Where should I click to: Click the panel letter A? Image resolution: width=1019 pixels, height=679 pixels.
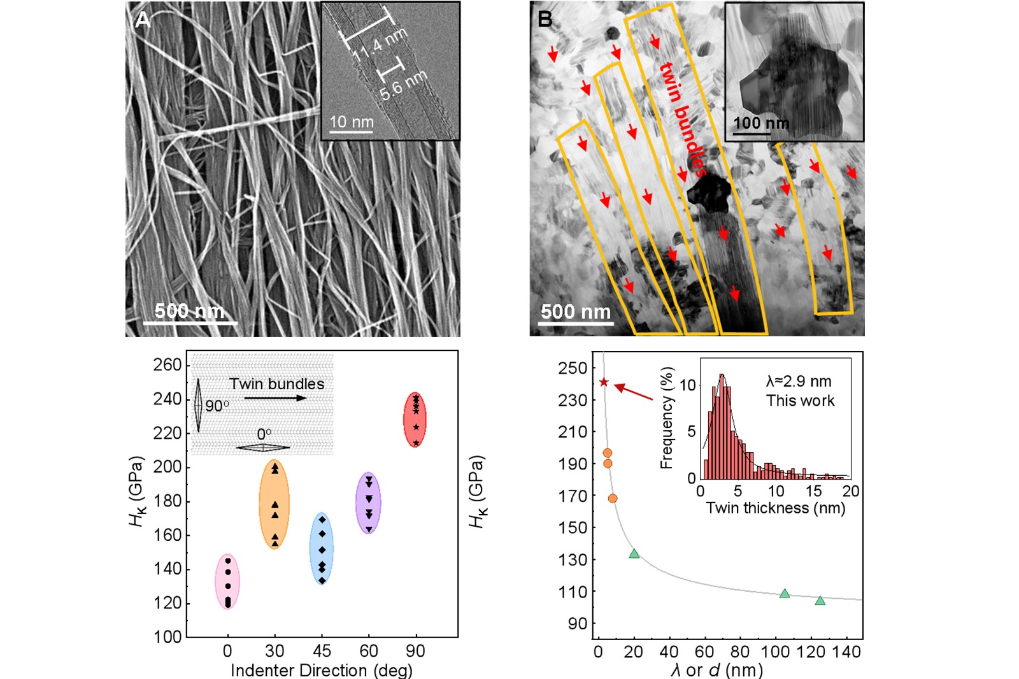(x=142, y=20)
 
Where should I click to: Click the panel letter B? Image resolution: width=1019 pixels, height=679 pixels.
(x=545, y=19)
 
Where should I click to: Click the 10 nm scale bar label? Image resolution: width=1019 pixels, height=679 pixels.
(x=351, y=121)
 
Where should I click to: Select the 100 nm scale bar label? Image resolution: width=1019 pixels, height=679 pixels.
(x=760, y=123)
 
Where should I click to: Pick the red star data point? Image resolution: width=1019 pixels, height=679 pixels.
(x=604, y=382)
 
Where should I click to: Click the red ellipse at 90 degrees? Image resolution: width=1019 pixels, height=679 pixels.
(x=415, y=420)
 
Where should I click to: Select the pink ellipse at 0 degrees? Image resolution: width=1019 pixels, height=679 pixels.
(x=227, y=582)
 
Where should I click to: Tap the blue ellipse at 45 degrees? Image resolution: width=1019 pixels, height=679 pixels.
(x=322, y=548)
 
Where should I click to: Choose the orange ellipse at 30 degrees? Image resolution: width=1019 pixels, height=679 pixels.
(x=274, y=504)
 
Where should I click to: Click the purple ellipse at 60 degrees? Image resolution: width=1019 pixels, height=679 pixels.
(x=368, y=503)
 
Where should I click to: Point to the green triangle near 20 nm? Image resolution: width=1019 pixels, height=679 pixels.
(x=634, y=554)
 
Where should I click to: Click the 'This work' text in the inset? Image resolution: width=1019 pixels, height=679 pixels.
(x=800, y=401)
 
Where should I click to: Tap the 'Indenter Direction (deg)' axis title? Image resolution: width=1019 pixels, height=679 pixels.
(x=321, y=670)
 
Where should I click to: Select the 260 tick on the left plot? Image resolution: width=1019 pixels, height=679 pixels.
(x=167, y=365)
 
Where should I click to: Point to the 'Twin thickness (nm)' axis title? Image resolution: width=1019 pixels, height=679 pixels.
(x=775, y=508)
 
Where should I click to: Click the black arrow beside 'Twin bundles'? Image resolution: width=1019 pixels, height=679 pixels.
(x=274, y=398)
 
